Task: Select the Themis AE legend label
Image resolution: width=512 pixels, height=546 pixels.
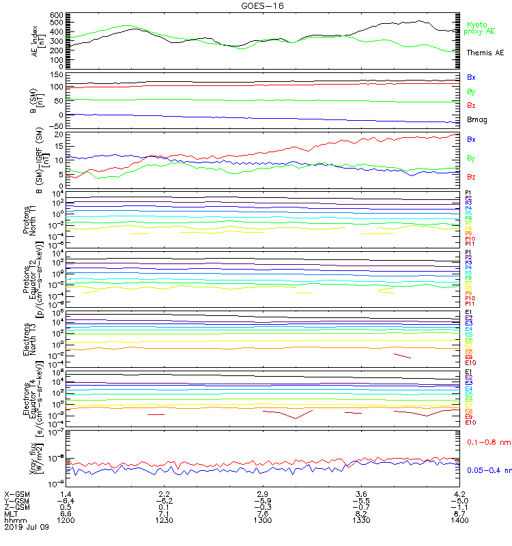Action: coord(485,53)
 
